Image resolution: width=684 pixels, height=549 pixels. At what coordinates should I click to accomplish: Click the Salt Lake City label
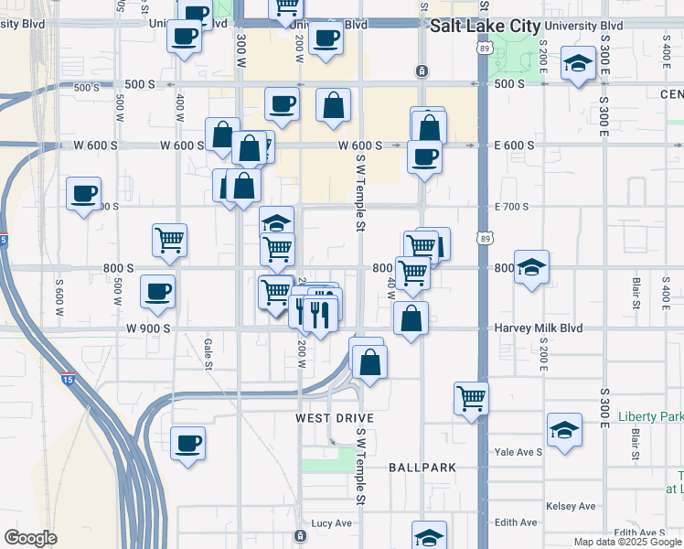(485, 27)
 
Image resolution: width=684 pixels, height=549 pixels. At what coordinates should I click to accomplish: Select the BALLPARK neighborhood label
(422, 468)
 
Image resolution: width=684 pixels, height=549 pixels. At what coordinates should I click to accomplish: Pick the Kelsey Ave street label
(570, 506)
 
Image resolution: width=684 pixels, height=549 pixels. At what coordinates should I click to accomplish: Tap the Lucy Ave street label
(332, 523)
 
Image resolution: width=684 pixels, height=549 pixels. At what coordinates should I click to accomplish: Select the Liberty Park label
(650, 416)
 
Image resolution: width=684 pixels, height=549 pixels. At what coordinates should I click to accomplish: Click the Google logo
(31, 538)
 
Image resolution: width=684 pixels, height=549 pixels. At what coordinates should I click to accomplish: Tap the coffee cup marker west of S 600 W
(83, 194)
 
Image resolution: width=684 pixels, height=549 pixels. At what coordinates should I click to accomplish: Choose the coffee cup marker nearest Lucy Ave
(188, 444)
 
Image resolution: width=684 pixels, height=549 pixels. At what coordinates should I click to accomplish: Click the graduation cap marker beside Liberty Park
(565, 430)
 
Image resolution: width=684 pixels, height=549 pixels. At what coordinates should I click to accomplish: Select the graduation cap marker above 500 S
(577, 65)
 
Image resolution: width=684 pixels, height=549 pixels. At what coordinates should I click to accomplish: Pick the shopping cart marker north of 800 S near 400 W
(170, 241)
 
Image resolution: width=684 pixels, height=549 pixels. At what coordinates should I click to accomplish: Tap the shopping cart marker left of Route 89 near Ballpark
(471, 398)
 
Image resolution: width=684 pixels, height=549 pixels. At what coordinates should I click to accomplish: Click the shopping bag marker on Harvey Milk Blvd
(411, 319)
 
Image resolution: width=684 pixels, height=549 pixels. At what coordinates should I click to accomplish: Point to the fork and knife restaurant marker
(316, 315)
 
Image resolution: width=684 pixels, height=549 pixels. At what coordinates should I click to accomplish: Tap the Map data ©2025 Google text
(626, 542)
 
